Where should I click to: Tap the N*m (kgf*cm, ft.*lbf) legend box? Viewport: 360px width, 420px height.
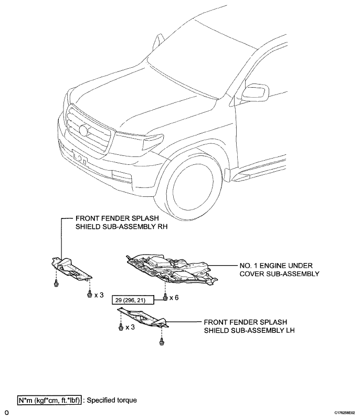[x=49, y=400]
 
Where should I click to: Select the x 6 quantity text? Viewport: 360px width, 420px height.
[x=174, y=298]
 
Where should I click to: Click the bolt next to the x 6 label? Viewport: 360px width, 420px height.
[x=165, y=297]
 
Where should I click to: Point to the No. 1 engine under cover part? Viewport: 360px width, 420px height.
[x=171, y=268]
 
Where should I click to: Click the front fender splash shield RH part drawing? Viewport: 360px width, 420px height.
[x=71, y=269]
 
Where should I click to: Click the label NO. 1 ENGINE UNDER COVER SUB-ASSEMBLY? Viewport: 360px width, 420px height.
[x=279, y=270]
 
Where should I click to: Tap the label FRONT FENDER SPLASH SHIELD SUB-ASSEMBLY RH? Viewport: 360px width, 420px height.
[x=121, y=222]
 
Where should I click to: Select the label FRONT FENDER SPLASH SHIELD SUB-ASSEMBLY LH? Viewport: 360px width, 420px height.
[x=249, y=326]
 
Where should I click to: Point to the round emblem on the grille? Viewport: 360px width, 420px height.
[x=83, y=130]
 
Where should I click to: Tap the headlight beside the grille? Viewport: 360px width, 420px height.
[x=153, y=142]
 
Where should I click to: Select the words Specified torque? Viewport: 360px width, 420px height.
[x=112, y=400]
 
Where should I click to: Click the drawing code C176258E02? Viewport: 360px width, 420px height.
[x=344, y=413]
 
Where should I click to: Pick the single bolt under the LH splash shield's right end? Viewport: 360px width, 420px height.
[x=162, y=342]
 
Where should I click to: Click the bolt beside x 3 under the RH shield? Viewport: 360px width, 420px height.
[x=90, y=295]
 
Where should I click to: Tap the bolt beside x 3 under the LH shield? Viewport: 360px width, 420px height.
[x=121, y=327]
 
